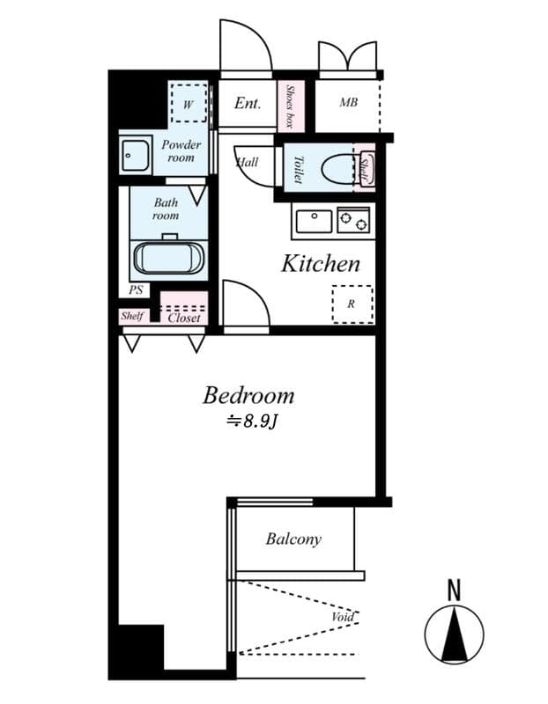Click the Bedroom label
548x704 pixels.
pyautogui.click(x=248, y=395)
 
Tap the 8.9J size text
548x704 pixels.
pyautogui.click(x=252, y=421)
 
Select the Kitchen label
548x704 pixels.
pyautogui.click(x=320, y=263)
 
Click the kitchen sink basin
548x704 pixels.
pyautogui.click(x=313, y=220)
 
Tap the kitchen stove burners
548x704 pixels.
pyautogui.click(x=353, y=220)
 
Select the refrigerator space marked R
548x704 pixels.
pyautogui.click(x=352, y=304)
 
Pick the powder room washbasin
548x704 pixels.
pyautogui.click(x=136, y=156)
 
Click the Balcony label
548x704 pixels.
pyautogui.click(x=293, y=539)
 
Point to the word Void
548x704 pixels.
pyautogui.click(x=343, y=617)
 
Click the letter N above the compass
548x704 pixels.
pyautogui.click(x=454, y=590)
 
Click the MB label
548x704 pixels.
pyautogui.click(x=348, y=103)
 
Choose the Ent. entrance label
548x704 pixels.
pyautogui.click(x=248, y=103)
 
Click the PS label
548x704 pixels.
pyautogui.click(x=135, y=289)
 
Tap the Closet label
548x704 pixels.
pyautogui.click(x=184, y=318)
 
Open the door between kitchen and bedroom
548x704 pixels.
pyautogui.click(x=245, y=308)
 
